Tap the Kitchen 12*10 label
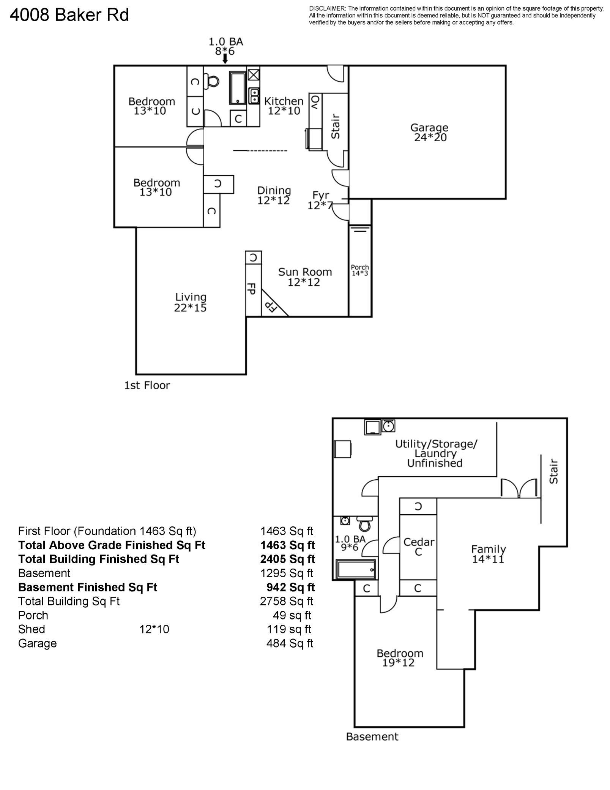click(x=284, y=106)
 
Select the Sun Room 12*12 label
click(x=304, y=277)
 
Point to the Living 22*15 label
click(x=190, y=302)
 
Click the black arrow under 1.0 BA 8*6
click(x=225, y=59)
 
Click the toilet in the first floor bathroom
click(x=212, y=81)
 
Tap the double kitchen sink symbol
click(x=254, y=96)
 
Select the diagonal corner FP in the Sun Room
click(x=271, y=305)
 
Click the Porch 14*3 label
click(x=359, y=270)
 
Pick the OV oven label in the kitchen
click(x=315, y=103)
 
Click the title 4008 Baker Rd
click(x=69, y=15)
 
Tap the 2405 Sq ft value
click(x=287, y=559)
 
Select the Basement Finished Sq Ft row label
click(x=88, y=587)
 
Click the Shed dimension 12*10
click(x=154, y=629)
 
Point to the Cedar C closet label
click(x=418, y=547)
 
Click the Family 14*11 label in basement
click(x=488, y=554)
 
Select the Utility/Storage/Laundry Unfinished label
click(x=436, y=453)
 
